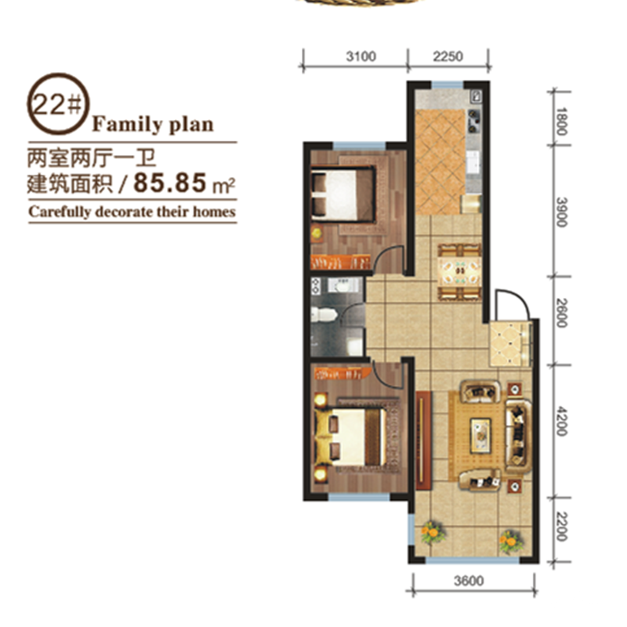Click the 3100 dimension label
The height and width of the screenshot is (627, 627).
coord(361,56)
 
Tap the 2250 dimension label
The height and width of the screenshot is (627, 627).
coord(448,56)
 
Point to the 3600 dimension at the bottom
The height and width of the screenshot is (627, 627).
coord(469,581)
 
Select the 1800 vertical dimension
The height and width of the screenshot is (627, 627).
coord(561,121)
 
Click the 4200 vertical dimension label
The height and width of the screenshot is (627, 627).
coord(561,421)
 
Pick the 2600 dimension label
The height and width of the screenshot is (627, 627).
coord(561,313)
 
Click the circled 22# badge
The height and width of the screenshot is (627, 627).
coord(58,104)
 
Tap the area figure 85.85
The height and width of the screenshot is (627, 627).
coord(170,183)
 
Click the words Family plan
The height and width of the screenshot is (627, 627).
coord(153,124)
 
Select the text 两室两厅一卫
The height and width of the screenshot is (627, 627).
coord(91,158)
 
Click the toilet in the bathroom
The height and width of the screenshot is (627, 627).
coord(324,314)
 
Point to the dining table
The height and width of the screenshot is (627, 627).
coord(459,271)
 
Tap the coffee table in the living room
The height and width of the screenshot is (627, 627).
coord(480,436)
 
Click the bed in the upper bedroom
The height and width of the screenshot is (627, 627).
coord(343,194)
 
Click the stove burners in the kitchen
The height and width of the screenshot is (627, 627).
coord(474,121)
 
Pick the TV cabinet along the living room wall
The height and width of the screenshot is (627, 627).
coord(423,440)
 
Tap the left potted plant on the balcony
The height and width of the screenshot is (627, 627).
coord(432,533)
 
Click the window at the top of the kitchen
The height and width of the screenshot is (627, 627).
coord(448,85)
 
